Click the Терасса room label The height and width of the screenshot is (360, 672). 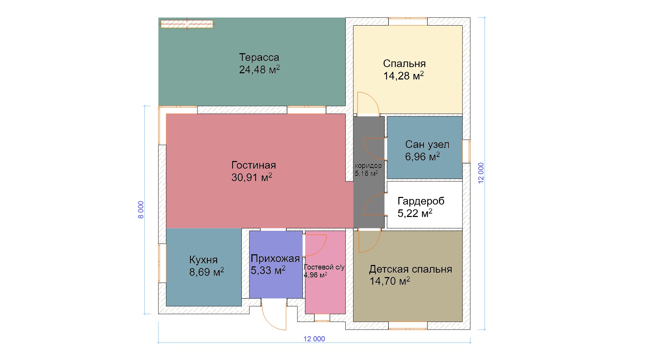click(259, 57)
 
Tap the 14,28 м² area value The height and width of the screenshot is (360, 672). click(403, 76)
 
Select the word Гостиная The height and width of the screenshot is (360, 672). click(253, 165)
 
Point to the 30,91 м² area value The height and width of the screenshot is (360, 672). click(252, 177)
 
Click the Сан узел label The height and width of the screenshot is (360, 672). click(427, 144)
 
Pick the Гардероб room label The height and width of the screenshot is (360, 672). click(421, 201)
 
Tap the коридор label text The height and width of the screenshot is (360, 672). click(368, 165)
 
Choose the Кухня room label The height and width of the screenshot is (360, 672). click(203, 260)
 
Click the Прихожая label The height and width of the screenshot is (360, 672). click(275, 258)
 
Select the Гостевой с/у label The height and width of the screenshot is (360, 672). click(324, 267)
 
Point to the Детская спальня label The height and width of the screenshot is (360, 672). click(411, 269)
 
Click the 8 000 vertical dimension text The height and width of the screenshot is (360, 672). click(141, 210)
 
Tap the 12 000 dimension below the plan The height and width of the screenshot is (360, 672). click(314, 339)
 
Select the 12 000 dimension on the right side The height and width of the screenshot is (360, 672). click(481, 173)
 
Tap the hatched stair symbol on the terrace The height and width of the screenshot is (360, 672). click(187, 24)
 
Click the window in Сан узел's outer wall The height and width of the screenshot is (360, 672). click(466, 151)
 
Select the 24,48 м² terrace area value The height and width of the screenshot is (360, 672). click(259, 69)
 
